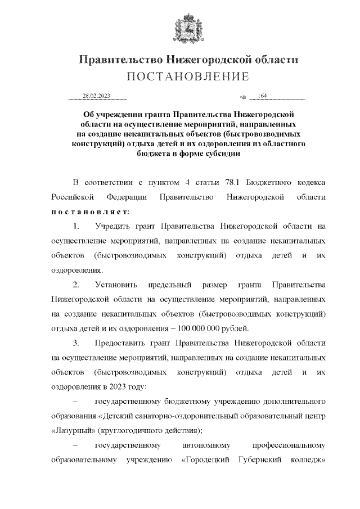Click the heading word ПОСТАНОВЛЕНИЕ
(x=187, y=76)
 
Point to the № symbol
(x=243, y=97)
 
